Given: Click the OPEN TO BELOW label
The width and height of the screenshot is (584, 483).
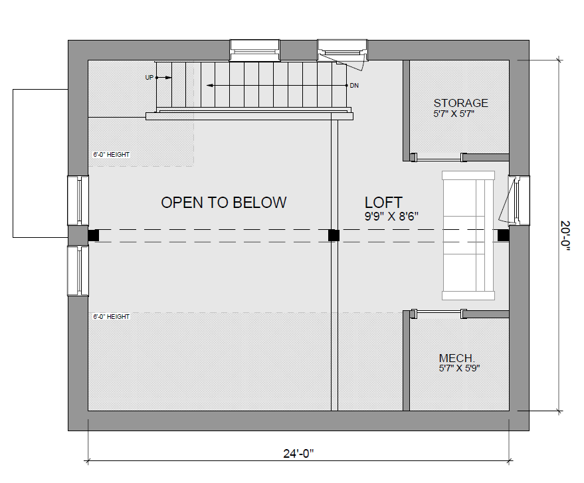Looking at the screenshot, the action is [x=224, y=203].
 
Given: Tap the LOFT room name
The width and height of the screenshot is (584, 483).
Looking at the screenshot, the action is [x=383, y=203].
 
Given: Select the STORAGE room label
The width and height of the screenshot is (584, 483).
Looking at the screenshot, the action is [x=460, y=103].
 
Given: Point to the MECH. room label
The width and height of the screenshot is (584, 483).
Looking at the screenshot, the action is [x=457, y=358].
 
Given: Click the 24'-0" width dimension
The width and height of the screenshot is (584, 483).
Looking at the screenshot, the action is [x=299, y=454].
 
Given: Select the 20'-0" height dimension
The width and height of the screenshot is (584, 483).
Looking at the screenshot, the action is [x=565, y=235].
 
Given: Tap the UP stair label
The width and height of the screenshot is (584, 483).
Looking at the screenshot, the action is [x=149, y=78].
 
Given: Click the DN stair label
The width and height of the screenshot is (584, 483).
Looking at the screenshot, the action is [x=354, y=86].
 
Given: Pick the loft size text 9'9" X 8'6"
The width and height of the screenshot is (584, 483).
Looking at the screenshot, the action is [x=391, y=217].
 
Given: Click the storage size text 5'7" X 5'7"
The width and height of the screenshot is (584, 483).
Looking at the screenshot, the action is [x=454, y=114].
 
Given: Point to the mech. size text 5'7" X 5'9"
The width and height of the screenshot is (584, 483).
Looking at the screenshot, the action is [x=459, y=368].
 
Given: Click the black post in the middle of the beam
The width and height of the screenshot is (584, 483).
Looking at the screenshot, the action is [x=334, y=235].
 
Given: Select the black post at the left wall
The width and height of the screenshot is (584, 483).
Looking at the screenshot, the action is [x=94, y=235].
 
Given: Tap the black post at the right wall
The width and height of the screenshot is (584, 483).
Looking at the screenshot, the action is [x=504, y=235].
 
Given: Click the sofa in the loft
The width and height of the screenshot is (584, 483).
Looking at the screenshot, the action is [x=468, y=235].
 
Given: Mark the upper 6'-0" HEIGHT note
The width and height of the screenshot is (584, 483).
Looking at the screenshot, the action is [x=112, y=155].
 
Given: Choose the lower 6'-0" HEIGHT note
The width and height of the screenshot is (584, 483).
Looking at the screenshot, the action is [x=112, y=316].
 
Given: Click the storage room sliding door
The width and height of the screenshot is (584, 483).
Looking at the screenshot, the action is [x=438, y=157].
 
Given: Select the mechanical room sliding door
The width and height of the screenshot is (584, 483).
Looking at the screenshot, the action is [x=438, y=314].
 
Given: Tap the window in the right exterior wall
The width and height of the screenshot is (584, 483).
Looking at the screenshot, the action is [x=519, y=201].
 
